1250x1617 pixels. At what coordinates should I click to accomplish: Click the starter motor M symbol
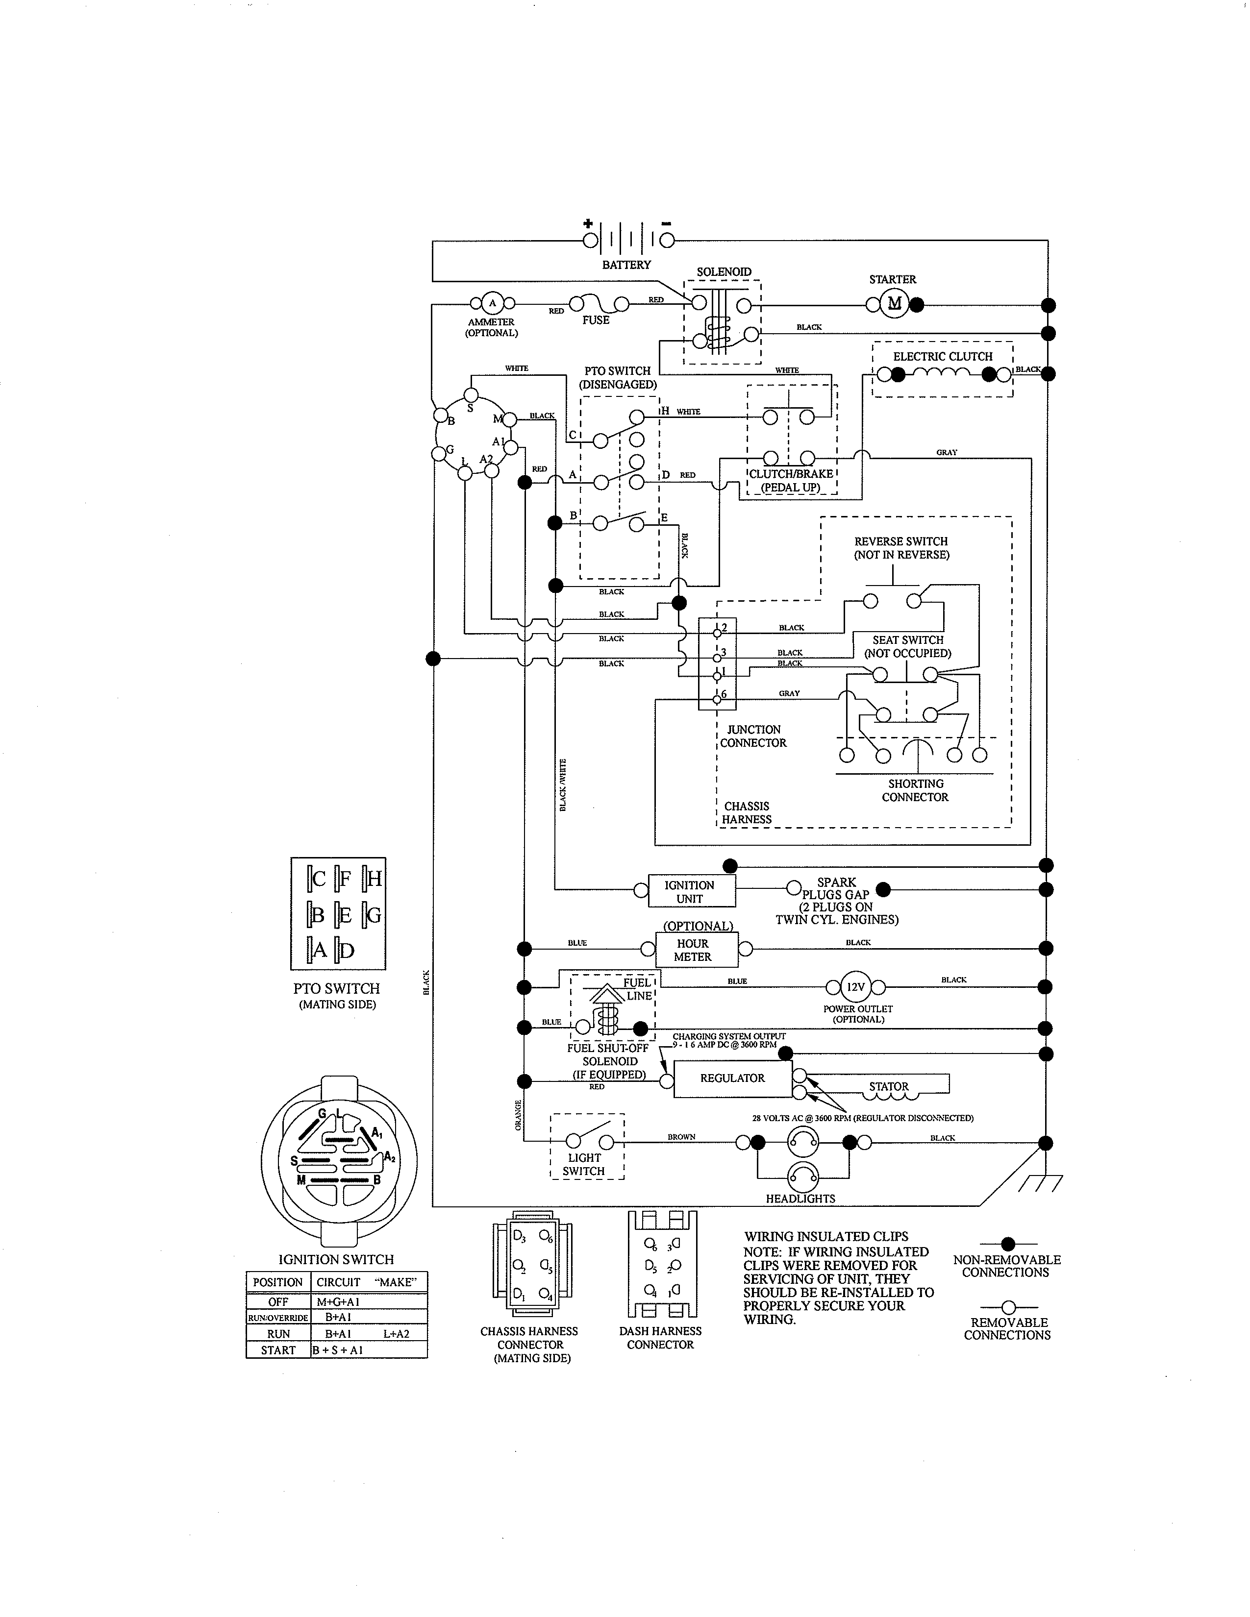pos(894,304)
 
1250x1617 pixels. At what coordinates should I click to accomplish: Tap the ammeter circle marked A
pos(492,303)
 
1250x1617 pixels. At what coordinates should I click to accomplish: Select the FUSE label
pos(596,320)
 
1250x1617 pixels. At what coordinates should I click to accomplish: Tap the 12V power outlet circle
pos(855,987)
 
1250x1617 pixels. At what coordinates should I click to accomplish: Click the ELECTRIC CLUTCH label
pos(942,356)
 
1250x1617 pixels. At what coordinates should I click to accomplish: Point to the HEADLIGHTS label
pos(800,1199)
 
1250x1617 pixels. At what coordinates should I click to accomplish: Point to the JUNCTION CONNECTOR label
pos(753,736)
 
